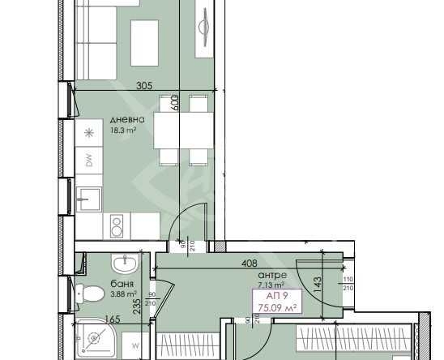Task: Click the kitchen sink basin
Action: pyautogui.click(x=88, y=195)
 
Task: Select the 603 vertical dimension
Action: pyautogui.click(x=174, y=103)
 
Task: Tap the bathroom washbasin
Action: pyautogui.click(x=125, y=264)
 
